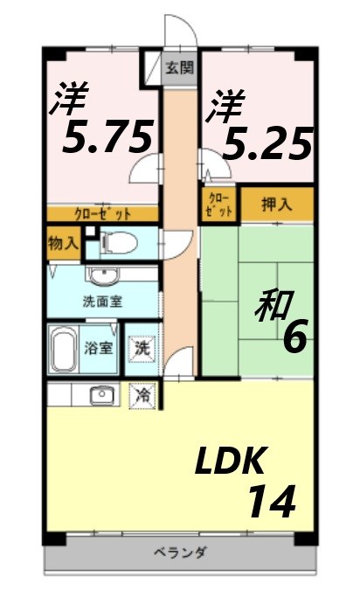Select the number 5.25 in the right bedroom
click(267, 144)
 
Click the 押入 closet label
click(277, 205)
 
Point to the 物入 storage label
click(62, 242)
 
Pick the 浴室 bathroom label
click(97, 348)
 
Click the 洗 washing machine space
click(142, 348)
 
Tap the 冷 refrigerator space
click(142, 394)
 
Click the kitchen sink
click(103, 394)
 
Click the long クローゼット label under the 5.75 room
click(102, 213)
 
